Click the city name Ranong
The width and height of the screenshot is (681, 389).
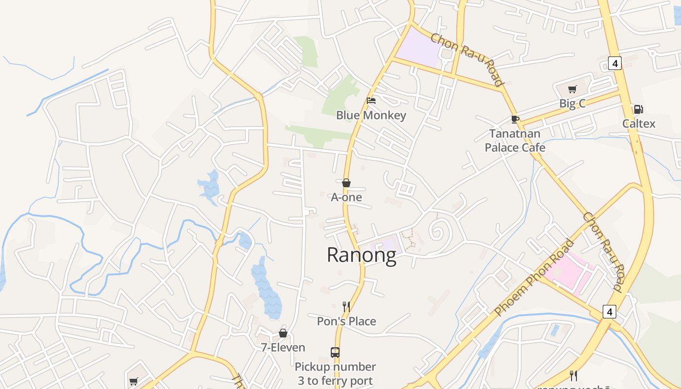361,255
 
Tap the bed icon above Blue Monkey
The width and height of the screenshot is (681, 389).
371,101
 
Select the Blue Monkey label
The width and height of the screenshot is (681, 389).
371,115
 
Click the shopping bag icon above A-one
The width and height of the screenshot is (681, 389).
346,183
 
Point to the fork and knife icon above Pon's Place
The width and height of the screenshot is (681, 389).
346,306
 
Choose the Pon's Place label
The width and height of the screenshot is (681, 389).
346,321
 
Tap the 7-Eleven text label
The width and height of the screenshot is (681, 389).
283,348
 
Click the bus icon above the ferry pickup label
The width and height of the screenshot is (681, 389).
335,352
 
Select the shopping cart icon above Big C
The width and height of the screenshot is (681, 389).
573,89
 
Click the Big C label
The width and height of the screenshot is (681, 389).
573,104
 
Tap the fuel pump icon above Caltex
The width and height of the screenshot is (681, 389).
638,109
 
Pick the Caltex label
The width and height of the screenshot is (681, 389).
639,124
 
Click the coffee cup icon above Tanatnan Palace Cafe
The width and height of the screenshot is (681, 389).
515,119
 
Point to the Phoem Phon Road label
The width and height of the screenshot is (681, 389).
534,278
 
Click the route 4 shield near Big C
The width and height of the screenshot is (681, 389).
615,63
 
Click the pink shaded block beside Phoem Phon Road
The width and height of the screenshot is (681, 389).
567,275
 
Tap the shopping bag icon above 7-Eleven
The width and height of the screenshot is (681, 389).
283,333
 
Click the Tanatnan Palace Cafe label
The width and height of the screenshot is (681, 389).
515,141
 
